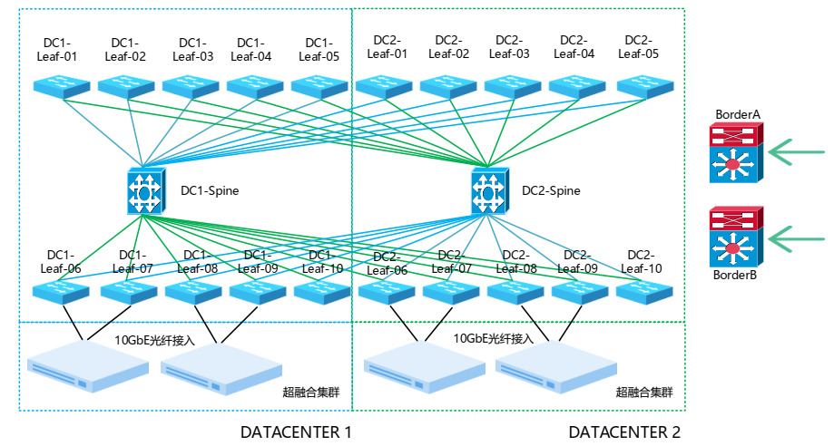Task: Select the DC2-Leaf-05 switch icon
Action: pos(645,87)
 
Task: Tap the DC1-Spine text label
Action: pos(210,191)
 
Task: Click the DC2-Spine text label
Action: pos(551,191)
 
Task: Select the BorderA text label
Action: pos(737,114)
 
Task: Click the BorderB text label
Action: pos(736,276)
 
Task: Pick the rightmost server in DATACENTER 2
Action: pos(554,367)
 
